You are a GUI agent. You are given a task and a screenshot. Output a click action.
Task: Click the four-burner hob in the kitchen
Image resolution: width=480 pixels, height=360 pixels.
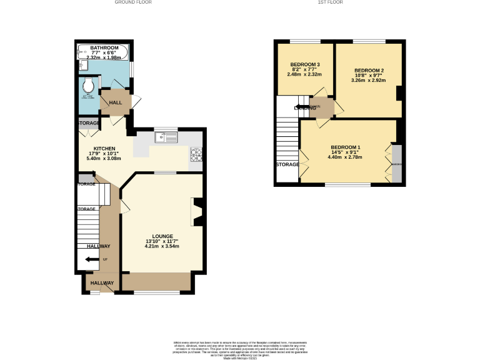(x=196, y=154)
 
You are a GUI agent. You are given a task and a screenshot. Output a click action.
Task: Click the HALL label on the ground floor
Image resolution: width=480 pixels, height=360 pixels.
(x=116, y=102)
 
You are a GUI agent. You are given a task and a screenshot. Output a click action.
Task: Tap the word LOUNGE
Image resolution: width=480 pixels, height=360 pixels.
(x=162, y=236)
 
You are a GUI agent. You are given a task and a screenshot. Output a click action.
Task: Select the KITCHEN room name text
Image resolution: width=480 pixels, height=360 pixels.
(x=105, y=149)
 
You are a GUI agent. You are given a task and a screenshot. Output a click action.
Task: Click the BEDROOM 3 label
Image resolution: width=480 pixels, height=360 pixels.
(x=305, y=64)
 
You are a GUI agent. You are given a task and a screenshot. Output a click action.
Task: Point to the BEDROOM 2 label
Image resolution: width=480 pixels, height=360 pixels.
(x=369, y=70)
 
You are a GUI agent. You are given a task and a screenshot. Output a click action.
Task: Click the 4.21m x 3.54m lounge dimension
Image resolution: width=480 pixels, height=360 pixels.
(x=162, y=246)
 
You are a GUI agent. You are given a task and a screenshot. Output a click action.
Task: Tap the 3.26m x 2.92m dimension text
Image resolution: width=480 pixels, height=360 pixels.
(x=369, y=80)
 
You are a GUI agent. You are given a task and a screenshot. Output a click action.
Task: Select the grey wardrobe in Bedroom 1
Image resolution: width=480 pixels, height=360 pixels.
(x=397, y=164)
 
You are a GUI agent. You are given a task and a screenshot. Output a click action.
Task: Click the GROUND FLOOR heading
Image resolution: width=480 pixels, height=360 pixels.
(x=132, y=2)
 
